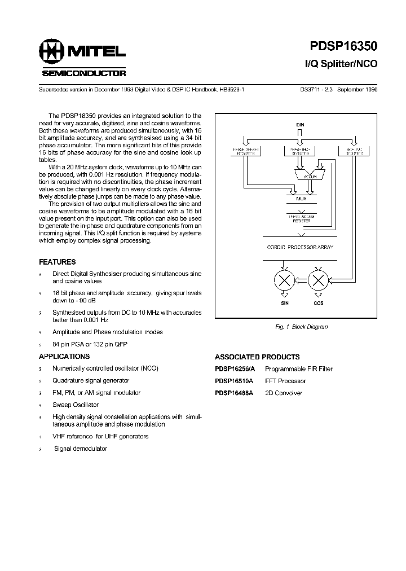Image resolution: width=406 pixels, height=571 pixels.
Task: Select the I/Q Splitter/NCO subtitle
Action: [337, 64]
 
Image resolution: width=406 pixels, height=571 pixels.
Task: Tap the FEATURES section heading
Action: [57, 262]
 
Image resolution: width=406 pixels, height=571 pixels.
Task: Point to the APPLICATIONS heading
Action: [64, 357]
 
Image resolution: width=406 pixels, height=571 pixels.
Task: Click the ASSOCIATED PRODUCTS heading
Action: [257, 357]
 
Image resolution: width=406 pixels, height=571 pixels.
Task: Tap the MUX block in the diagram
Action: [300, 199]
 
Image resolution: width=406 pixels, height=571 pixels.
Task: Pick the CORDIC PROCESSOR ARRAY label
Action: [300, 247]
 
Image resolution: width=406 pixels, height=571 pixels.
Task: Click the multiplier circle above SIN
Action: [285, 280]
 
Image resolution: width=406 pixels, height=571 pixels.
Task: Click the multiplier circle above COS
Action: [318, 280]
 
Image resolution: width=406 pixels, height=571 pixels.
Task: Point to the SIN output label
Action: [285, 303]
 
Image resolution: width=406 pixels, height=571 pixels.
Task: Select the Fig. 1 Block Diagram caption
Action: [301, 327]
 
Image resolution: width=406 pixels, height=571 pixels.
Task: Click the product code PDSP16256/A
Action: [235, 369]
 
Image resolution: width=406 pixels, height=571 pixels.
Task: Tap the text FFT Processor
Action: [285, 381]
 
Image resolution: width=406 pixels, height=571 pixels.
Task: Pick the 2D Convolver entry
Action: [284, 393]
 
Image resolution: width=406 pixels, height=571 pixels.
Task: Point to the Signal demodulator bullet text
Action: [81, 448]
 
